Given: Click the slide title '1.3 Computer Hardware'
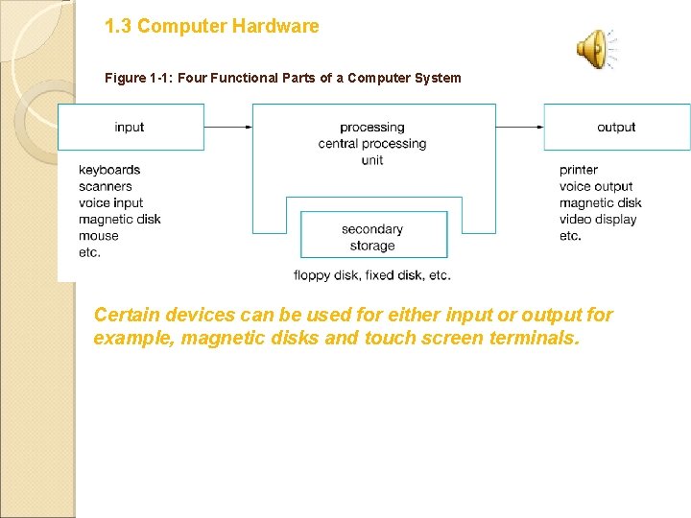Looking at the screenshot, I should (x=211, y=27).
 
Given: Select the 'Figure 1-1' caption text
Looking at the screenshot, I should (x=282, y=78).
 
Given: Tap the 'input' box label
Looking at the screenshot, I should (x=130, y=128).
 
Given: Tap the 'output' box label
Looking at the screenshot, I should (x=616, y=128).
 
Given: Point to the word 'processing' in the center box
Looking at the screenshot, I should (x=372, y=128).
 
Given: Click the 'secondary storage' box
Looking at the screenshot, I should (x=372, y=237).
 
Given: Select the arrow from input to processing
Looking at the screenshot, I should (x=228, y=127).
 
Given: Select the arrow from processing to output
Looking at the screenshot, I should (x=520, y=127).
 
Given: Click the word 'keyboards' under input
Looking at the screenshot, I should (x=109, y=170).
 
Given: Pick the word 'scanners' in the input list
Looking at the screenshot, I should (x=106, y=186).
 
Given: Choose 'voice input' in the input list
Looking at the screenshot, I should (x=111, y=202).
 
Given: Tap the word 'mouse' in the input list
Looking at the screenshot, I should (x=99, y=236).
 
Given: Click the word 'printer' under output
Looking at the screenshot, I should (x=579, y=170).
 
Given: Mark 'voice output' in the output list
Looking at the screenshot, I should (x=596, y=186).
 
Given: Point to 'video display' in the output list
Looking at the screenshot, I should (x=598, y=219).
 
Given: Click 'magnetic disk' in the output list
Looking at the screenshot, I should (x=601, y=202).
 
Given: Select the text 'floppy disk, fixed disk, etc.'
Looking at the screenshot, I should (x=372, y=275).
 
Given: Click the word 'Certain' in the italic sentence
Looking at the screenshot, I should (x=126, y=315).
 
